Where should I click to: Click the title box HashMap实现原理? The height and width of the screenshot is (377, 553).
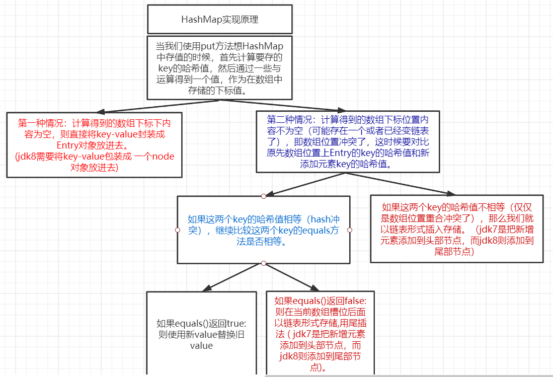(220, 20)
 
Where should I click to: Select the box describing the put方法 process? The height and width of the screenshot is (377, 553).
(220, 67)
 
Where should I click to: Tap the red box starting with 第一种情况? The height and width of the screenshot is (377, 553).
(94, 144)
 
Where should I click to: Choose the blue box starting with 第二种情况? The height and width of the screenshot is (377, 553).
(348, 141)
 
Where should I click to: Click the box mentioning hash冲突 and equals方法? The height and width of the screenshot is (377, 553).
(263, 229)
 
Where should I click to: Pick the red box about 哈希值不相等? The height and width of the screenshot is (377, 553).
(456, 229)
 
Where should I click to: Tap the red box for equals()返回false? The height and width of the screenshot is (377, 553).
(320, 333)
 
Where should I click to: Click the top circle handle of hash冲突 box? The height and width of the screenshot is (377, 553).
(263, 195)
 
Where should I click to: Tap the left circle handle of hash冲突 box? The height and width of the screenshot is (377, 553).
(177, 230)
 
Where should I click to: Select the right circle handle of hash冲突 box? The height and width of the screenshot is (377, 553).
(350, 230)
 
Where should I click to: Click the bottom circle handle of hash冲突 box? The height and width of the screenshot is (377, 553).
(263, 263)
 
